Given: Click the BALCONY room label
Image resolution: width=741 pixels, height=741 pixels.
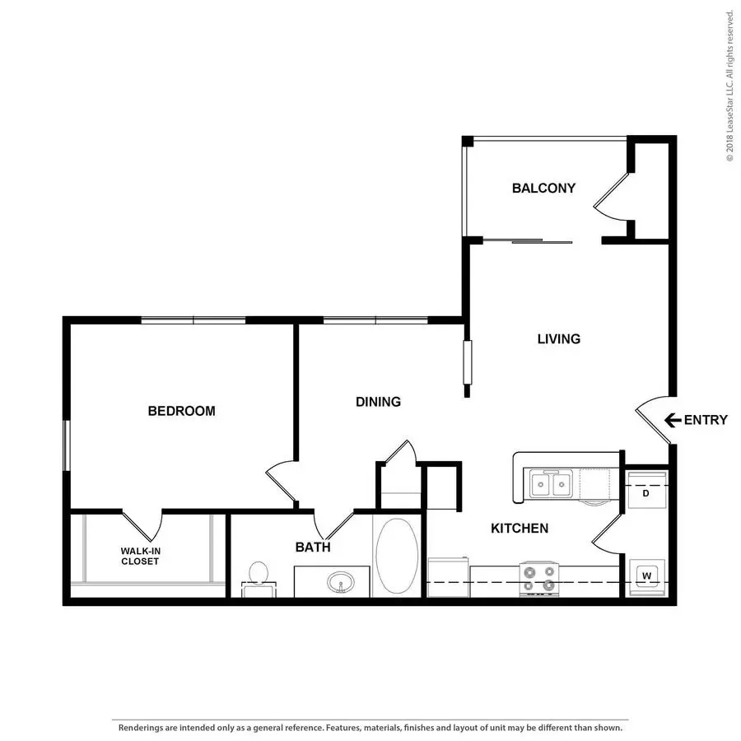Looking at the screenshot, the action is [543, 188].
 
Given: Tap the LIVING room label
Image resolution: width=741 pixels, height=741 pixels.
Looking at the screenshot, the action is [558, 339].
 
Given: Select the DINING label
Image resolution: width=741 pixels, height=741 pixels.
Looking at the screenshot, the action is [378, 402].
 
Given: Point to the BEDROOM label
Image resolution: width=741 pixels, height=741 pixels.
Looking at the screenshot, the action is [181, 411].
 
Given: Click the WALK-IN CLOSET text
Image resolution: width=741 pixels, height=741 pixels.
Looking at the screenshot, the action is [140, 557].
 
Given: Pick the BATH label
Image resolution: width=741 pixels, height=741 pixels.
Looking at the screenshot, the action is [313, 548].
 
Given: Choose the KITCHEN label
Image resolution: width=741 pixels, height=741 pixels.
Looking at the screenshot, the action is [520, 529].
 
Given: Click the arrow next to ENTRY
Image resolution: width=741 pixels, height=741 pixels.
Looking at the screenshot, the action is [673, 420].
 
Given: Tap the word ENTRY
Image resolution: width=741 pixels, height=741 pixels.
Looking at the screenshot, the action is [706, 420].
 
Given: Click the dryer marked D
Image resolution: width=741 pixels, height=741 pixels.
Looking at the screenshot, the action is [645, 490].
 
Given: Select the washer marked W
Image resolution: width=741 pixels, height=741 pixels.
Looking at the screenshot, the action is [647, 577].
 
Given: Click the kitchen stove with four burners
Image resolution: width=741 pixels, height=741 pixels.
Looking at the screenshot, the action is [538, 579].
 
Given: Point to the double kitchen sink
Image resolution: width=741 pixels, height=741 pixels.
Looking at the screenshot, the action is [551, 483].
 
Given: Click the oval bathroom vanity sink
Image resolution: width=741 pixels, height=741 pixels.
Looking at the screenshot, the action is [341, 582].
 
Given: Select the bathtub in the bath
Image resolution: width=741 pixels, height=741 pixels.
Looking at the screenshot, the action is [397, 556].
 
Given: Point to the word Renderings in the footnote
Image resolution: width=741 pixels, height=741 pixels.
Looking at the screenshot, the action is [141, 728].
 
